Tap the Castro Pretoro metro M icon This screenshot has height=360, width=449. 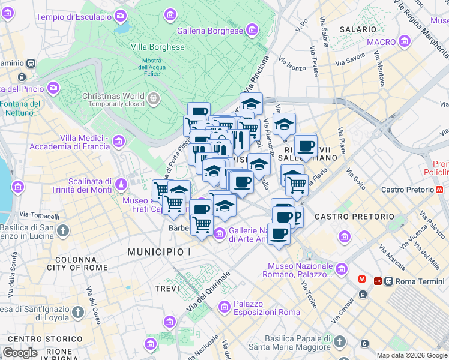pos(440,190)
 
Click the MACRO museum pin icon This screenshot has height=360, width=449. pos(404,42)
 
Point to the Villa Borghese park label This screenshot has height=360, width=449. pos(161,47)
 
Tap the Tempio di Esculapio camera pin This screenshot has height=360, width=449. pos(121,16)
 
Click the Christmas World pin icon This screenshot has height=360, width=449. pos(154,97)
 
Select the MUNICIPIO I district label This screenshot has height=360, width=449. pos(159,252)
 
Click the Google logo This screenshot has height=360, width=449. pos(20,352)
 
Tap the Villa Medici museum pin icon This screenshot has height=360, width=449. pos(119,142)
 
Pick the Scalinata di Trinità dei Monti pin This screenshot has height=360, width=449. pos(122,183)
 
